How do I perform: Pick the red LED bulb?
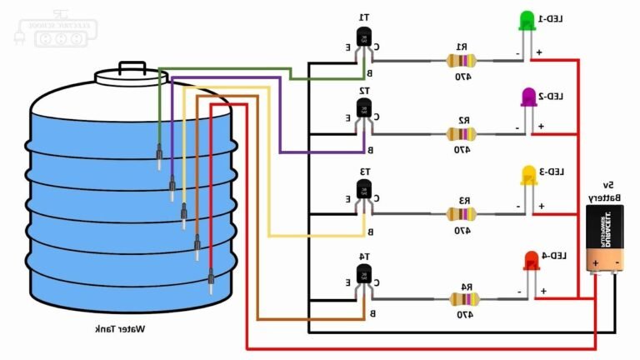pos(531,260)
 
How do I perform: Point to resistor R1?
pos(459,60)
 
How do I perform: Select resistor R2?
pos(459,134)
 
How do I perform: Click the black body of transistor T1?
pos(363,37)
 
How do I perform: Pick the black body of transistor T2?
pos(363,109)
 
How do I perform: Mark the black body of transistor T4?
pos(363,273)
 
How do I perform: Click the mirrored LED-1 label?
pos(554,18)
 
